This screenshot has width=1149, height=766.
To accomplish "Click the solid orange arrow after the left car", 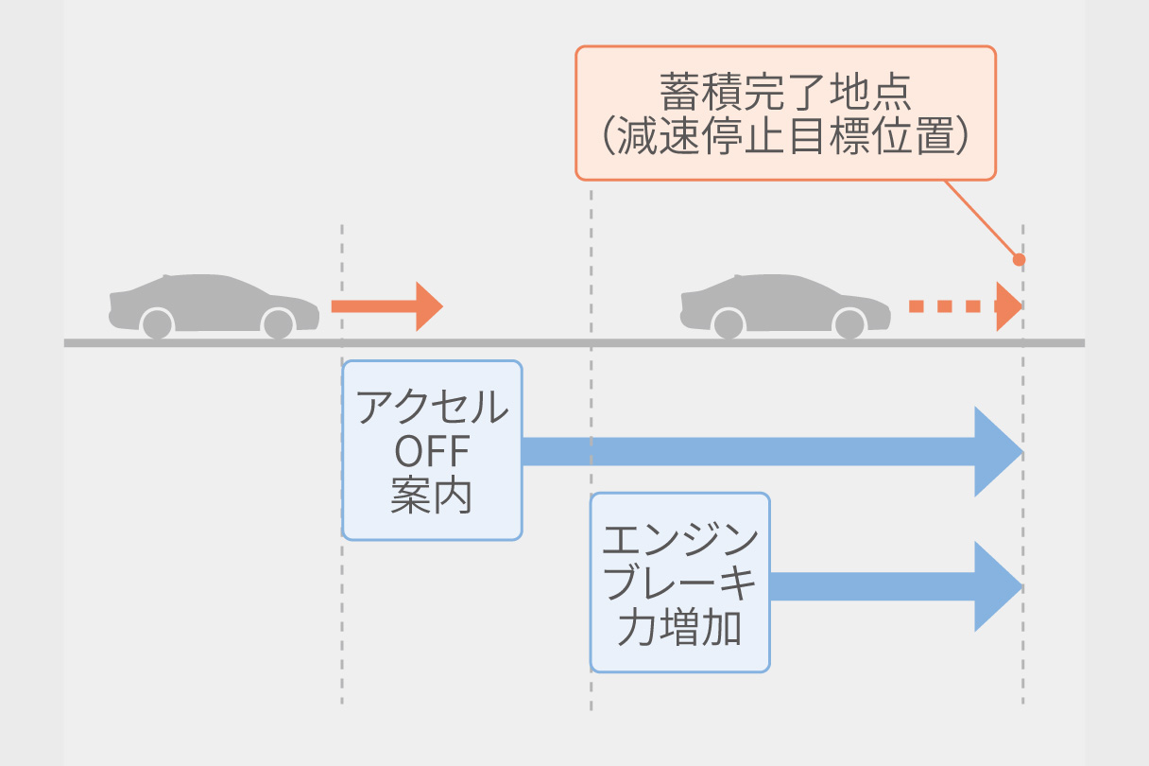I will click(378, 306).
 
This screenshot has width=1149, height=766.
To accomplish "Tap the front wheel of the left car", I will click(278, 323).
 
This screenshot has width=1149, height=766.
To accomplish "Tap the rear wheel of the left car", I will click(157, 323).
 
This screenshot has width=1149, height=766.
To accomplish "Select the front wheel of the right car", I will click(849, 323).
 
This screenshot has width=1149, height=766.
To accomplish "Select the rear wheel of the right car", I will click(728, 323).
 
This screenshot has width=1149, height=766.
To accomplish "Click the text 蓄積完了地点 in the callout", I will click(784, 94).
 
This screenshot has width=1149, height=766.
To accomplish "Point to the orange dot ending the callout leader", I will click(1019, 258).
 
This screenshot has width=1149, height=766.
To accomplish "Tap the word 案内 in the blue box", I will click(432, 496).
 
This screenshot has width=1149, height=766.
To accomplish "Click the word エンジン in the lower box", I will click(679, 541).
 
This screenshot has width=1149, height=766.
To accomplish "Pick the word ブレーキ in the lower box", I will click(679, 584).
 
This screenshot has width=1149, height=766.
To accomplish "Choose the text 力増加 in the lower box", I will click(679, 628).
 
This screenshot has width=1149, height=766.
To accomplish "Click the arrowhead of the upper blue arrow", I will click(996, 452).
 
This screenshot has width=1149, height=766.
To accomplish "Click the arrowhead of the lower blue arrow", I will click(996, 586).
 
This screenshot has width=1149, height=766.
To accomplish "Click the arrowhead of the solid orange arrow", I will click(428, 306).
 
